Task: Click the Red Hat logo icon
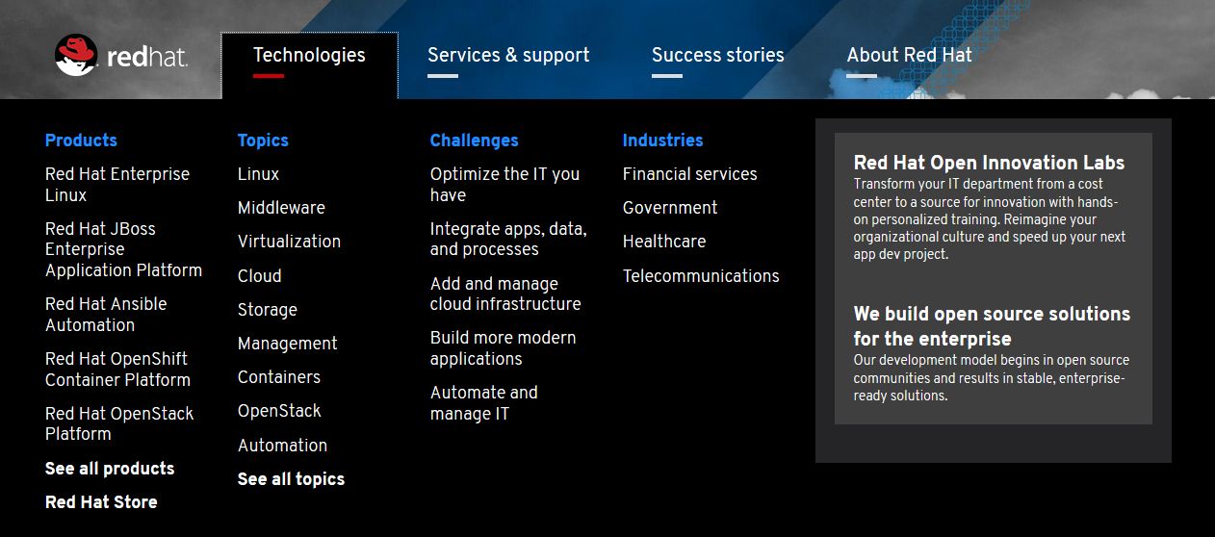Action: point(76,55)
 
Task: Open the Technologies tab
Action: point(309,55)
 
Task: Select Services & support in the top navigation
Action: point(508,55)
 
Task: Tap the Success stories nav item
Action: point(717,55)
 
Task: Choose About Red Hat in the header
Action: point(909,55)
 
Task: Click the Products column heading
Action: point(81,140)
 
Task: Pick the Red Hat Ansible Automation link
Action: point(106,314)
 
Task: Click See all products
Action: point(110,468)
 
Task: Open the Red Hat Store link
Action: point(101,501)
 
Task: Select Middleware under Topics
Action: point(281,207)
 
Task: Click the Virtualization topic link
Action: point(289,241)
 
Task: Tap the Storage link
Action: point(268,309)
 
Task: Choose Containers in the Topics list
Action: point(279,376)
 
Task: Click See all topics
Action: point(291,479)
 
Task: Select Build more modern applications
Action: point(503,347)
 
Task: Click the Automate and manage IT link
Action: point(484,402)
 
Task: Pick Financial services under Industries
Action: point(689,173)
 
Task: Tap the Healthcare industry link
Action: point(664,241)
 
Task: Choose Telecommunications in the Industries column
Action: point(701,275)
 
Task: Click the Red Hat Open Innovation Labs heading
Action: point(989,163)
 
